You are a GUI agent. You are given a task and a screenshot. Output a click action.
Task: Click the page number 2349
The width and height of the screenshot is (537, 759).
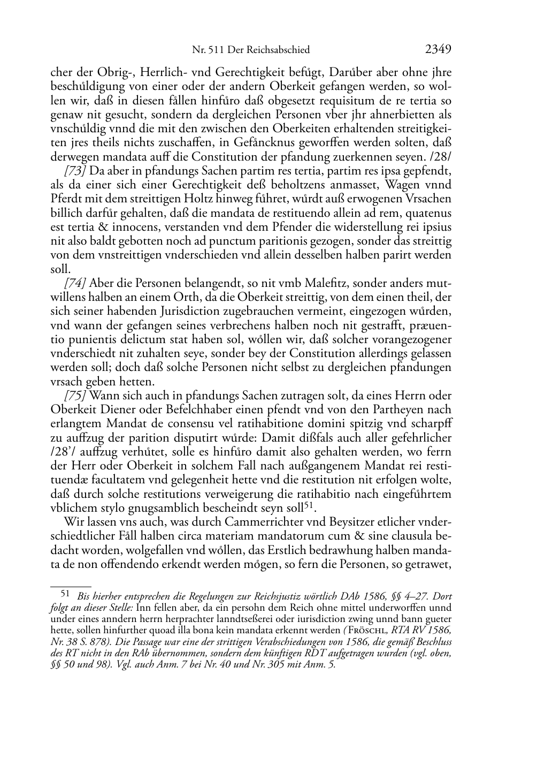click(439, 49)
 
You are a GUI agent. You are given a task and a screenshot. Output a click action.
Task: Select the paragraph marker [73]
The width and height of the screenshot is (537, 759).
click(75, 171)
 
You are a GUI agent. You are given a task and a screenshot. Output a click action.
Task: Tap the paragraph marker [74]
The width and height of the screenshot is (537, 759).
click(75, 284)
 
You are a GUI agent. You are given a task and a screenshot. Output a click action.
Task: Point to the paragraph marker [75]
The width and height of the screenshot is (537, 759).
click(75, 396)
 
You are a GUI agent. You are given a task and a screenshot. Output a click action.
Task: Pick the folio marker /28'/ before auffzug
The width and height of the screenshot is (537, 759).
click(63, 452)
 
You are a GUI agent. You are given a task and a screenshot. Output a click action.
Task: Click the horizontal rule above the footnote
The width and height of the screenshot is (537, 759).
click(71, 587)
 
